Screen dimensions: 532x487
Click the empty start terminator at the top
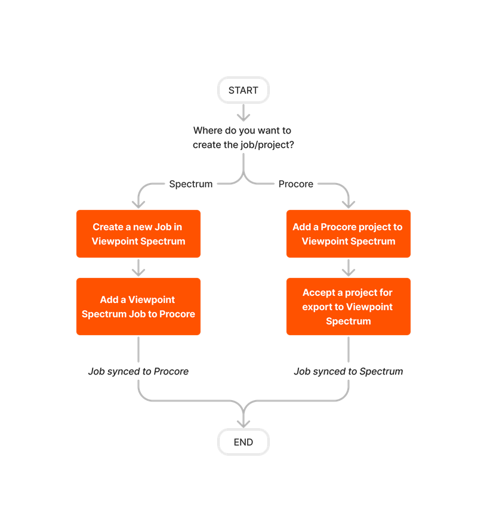click(x=243, y=90)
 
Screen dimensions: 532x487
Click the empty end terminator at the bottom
click(x=243, y=442)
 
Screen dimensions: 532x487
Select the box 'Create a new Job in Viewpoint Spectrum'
click(x=138, y=234)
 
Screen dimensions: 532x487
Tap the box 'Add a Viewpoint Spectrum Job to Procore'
click(x=138, y=307)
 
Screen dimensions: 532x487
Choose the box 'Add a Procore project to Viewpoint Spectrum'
click(x=349, y=234)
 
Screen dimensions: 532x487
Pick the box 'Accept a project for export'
click(x=349, y=307)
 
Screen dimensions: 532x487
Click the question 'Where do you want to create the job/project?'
click(x=242, y=137)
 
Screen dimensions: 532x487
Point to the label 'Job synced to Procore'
click(x=138, y=372)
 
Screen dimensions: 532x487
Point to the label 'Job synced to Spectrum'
click(x=349, y=372)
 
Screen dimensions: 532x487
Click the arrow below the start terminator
click(x=243, y=112)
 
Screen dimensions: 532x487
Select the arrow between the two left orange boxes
click(x=138, y=268)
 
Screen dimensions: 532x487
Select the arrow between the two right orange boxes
click(x=349, y=268)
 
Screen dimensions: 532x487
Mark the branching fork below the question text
click(x=243, y=178)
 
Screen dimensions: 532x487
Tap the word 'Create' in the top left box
click(x=107, y=227)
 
